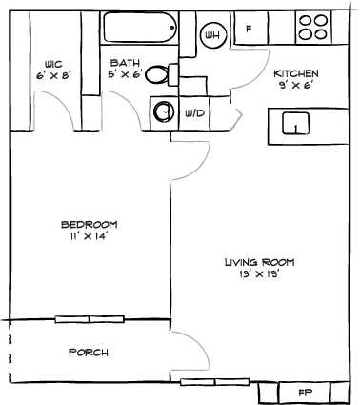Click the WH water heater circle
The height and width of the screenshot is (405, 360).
coord(211,36)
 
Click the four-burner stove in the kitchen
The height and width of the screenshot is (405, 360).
coord(311,28)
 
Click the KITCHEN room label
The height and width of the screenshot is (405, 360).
coord(296,73)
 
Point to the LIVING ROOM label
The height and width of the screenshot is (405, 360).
coord(259,262)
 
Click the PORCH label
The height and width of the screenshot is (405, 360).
coord(89,353)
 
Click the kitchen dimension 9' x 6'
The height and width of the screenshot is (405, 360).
coord(296,85)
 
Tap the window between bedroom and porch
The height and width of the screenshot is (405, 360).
coord(89,319)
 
